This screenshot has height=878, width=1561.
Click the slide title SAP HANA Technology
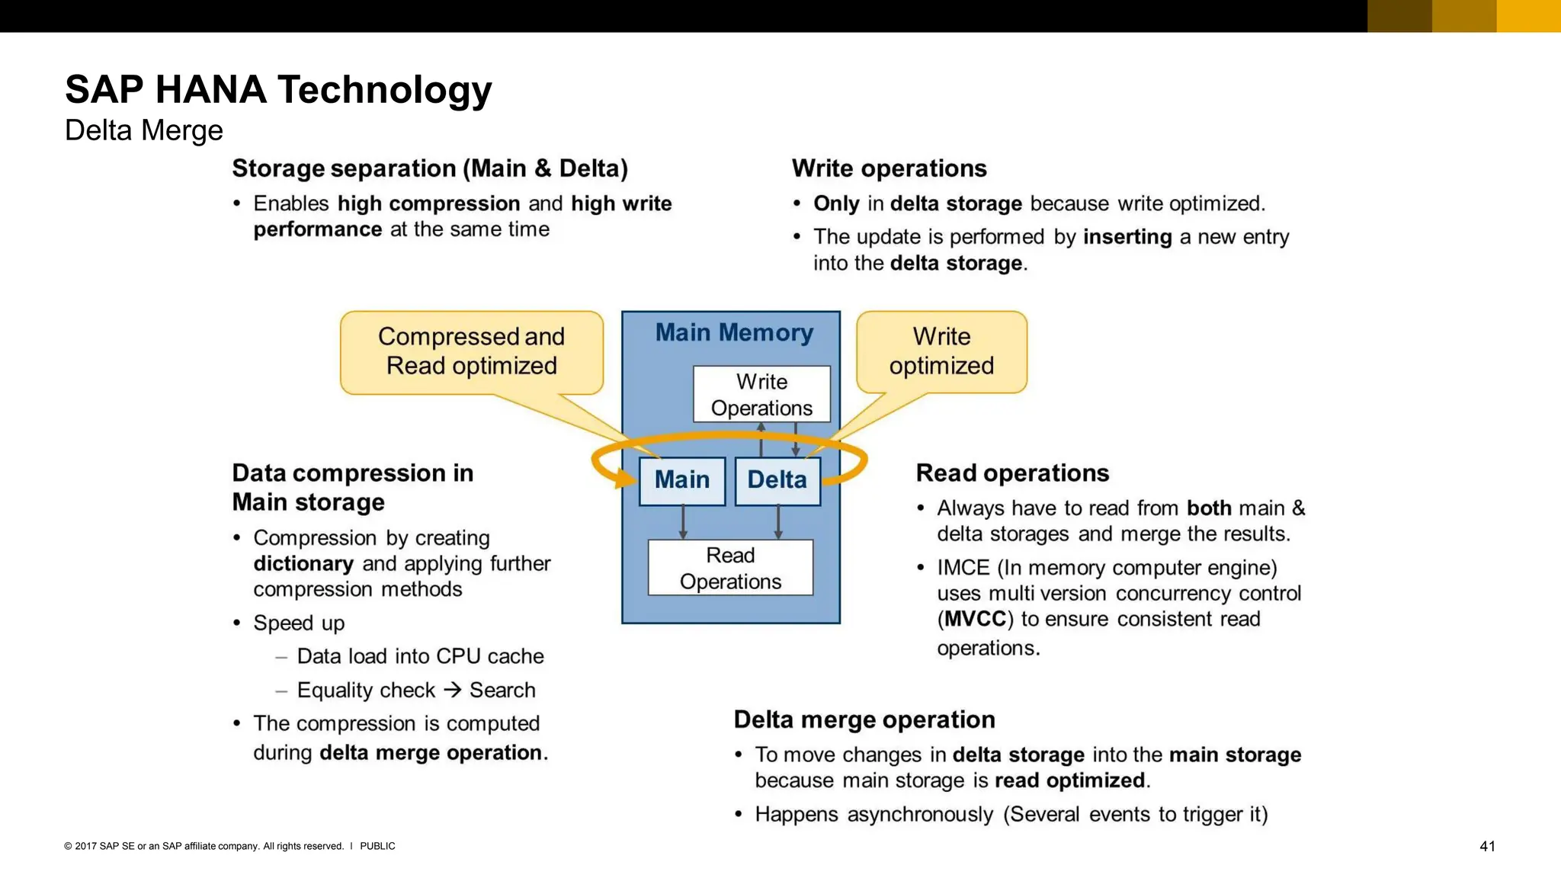(x=278, y=89)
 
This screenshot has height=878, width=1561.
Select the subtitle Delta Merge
(x=143, y=130)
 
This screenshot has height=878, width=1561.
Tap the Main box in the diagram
(x=681, y=480)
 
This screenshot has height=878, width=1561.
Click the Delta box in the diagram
(x=777, y=480)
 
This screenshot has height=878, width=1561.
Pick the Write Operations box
(x=761, y=394)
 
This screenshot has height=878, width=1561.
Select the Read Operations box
(x=730, y=568)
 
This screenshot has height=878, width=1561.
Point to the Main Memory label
(x=734, y=333)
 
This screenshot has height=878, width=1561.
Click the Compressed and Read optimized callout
(x=471, y=351)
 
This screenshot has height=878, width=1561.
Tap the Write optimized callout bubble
(x=941, y=351)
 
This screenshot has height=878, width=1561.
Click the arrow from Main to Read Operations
(x=683, y=522)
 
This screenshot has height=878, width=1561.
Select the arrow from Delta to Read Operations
(x=777, y=522)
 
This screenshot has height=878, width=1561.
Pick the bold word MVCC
(x=975, y=619)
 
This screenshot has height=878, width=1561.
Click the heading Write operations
(x=889, y=168)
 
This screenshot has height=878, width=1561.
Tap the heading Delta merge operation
(x=864, y=719)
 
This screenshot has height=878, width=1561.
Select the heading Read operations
(x=1011, y=473)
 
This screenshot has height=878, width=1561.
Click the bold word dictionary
(x=303, y=564)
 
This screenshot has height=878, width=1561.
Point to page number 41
(x=1487, y=846)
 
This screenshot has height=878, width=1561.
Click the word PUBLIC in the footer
(x=377, y=846)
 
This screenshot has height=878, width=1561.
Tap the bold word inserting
(x=1127, y=237)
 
